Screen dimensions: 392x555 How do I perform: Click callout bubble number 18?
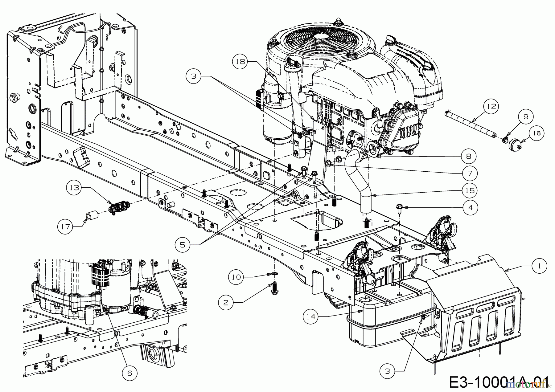pos(240,62)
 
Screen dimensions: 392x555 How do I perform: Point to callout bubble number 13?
pos(74,188)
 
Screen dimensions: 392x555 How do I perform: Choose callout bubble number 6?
pos(129,373)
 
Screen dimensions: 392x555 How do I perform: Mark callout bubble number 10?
pos(236,277)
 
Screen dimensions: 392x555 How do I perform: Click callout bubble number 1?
pos(539,266)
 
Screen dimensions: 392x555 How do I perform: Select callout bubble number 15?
pos(470,191)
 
